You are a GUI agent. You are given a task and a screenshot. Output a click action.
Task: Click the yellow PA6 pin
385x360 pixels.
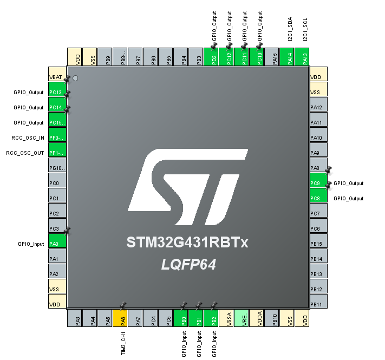[x=124, y=318]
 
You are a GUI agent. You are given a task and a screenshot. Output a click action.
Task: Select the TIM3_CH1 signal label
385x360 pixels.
[x=124, y=343]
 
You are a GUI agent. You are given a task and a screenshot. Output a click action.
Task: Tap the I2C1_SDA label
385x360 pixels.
[x=291, y=29]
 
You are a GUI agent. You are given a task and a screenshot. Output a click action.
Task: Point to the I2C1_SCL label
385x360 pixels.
[x=306, y=29]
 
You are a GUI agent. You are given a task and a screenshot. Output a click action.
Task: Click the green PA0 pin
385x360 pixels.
[x=57, y=244]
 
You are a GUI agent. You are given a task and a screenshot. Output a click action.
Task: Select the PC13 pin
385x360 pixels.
[x=57, y=93]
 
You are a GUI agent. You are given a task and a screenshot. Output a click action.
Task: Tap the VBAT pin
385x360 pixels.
[x=57, y=77]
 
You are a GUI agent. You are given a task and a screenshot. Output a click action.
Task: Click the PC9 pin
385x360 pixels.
[x=318, y=184]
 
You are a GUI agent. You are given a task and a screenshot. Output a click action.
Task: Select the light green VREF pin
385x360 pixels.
[x=245, y=318]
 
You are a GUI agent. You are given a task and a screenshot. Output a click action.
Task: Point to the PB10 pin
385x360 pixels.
[x=275, y=318]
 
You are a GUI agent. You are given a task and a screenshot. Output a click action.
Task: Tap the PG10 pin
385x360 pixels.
[x=57, y=168]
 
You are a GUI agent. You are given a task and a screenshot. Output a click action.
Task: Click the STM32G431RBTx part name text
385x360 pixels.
[x=187, y=242]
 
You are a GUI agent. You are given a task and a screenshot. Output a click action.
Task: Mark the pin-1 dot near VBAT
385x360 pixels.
[x=75, y=78]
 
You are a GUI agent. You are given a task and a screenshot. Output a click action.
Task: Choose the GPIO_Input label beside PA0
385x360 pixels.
[x=31, y=244]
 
